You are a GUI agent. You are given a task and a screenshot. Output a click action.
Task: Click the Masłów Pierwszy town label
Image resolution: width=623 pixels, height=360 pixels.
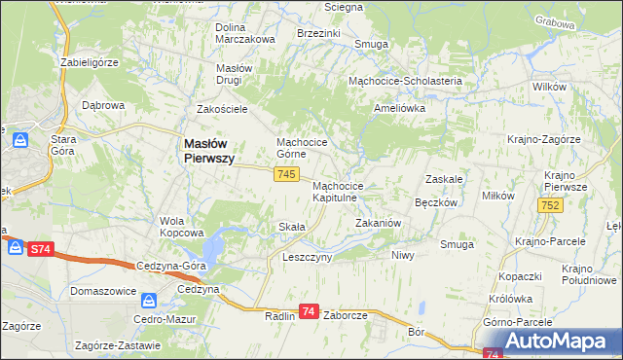click(x=209, y=152)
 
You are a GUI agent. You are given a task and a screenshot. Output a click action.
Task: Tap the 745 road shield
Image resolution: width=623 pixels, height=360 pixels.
click(x=285, y=174)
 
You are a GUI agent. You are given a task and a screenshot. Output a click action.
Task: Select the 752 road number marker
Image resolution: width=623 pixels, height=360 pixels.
click(x=549, y=205)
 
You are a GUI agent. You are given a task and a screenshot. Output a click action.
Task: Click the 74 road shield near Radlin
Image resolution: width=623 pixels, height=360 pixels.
click(x=309, y=311)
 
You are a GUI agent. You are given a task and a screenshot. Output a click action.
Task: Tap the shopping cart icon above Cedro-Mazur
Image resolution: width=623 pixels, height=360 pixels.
click(x=149, y=301)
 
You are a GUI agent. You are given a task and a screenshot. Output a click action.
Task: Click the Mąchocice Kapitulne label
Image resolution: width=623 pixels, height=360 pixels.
click(x=338, y=191)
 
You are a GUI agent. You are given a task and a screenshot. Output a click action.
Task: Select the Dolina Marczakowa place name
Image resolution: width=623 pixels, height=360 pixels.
click(x=245, y=33)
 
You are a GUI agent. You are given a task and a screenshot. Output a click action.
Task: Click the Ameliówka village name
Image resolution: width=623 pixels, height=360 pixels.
click(x=400, y=109)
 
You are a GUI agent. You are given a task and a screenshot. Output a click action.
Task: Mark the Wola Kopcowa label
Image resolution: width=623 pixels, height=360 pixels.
click(x=181, y=227)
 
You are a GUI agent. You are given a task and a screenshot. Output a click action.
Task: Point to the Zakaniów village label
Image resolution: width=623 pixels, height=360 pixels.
click(x=379, y=223)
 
